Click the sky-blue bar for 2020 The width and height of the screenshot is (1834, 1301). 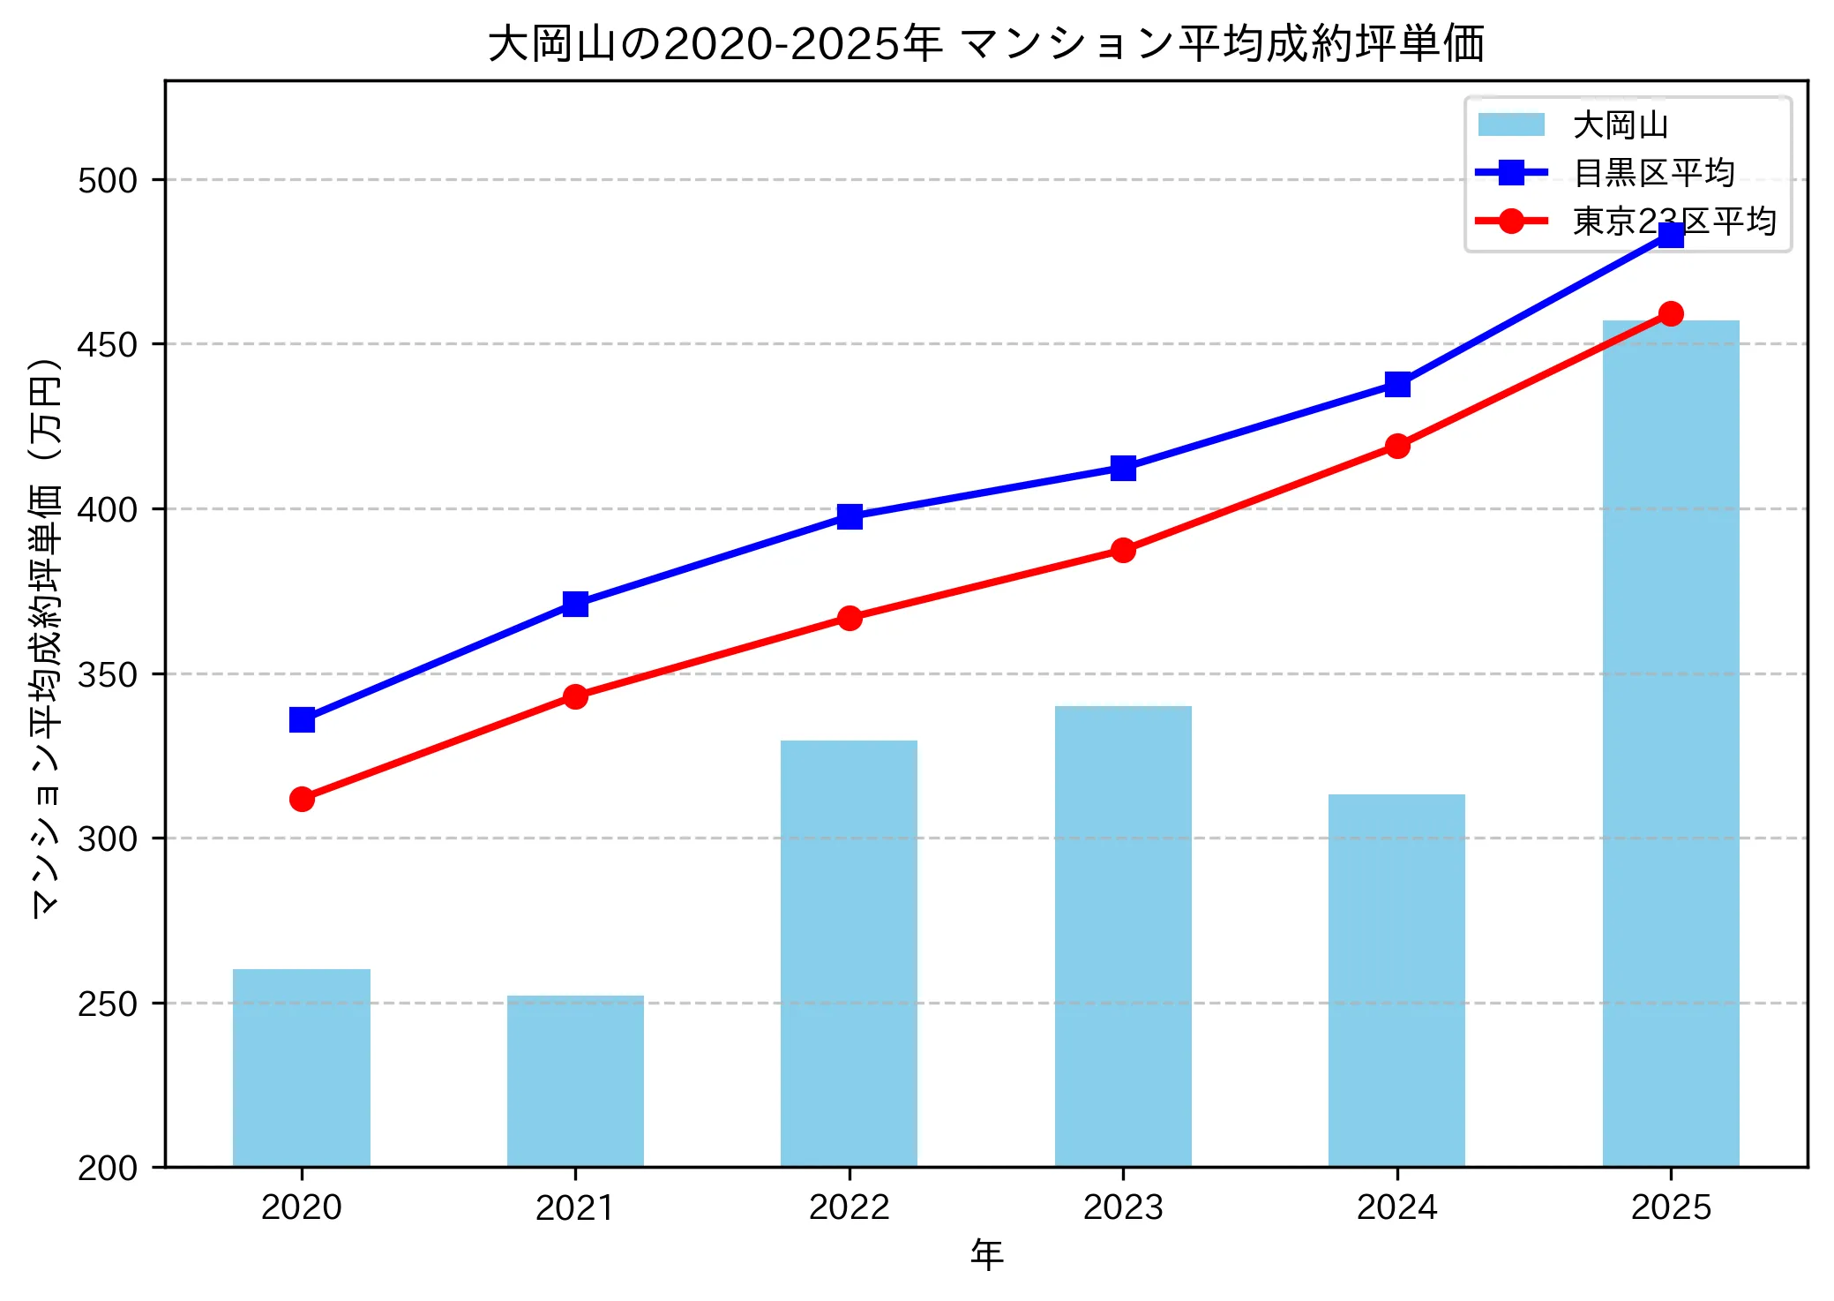pos(302,1068)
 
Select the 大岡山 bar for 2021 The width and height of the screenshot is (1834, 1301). pos(575,1081)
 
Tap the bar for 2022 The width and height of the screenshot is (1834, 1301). pos(849,953)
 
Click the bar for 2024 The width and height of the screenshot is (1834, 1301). pos(1396,980)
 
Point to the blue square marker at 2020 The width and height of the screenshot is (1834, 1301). pos(302,720)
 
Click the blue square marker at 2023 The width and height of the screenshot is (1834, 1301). pos(1123,468)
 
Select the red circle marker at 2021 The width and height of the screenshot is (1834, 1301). pos(575,696)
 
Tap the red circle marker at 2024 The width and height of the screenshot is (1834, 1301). pos(1397,446)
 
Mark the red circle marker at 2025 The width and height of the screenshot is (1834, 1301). pos(1671,313)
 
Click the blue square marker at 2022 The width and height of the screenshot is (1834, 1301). pos(850,516)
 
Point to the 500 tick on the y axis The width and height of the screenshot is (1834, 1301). pos(108,180)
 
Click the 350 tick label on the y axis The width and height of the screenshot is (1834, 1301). pos(108,674)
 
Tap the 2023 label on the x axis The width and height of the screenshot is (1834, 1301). pos(1123,1207)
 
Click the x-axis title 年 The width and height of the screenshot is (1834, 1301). pos(986,1255)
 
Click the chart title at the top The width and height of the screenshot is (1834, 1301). pos(986,44)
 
